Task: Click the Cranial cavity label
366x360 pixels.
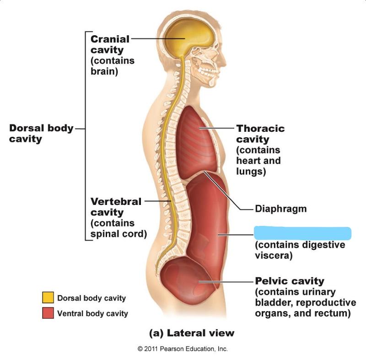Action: (110, 44)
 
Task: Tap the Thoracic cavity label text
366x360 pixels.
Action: (260, 134)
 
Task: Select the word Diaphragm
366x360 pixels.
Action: (280, 209)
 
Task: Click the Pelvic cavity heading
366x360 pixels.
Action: (289, 281)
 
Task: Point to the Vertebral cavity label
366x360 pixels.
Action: (116, 207)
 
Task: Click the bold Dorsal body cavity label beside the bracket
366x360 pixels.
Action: (41, 133)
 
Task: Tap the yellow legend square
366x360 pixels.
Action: (48, 298)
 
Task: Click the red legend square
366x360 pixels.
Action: (48, 313)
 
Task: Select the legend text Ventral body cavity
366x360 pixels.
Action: (92, 314)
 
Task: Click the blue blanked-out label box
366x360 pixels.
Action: (302, 233)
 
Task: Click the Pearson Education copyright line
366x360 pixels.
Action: (183, 349)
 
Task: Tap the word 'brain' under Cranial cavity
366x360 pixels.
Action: (104, 71)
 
